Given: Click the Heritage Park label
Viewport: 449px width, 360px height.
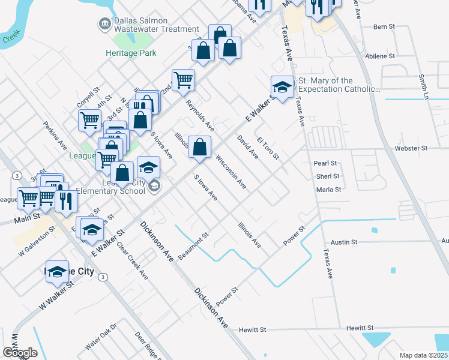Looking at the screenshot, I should click(131, 53).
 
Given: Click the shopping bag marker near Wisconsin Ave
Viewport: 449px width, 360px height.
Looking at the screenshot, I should click(199, 146).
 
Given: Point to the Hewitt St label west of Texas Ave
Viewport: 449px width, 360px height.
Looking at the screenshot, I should click(252, 329).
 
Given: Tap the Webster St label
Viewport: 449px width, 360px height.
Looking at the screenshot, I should click(411, 148).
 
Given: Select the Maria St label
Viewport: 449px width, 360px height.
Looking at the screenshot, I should click(328, 190).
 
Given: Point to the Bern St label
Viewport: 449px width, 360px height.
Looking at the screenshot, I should click(384, 27).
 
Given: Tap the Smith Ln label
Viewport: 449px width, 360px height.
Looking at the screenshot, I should click(424, 87).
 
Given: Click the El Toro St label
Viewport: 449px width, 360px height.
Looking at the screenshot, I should click(268, 148).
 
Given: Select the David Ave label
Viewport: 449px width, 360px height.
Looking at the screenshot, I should click(247, 147).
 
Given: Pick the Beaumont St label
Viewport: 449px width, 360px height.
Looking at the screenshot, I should click(193, 244).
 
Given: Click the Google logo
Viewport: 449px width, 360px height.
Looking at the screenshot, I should click(20, 353).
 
